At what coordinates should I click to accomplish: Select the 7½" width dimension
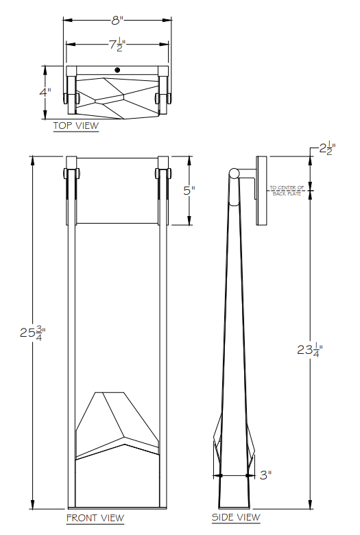pos(117,45)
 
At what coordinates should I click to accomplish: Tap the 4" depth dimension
pos(45,91)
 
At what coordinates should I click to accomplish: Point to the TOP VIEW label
pos(76,126)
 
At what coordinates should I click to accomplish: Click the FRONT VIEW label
pos(95,517)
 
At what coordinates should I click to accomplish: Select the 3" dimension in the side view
pos(265,474)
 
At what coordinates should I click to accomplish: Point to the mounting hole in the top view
pos(117,70)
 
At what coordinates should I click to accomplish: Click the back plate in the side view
pos(262,191)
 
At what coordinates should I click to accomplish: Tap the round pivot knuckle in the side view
pos(235,174)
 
